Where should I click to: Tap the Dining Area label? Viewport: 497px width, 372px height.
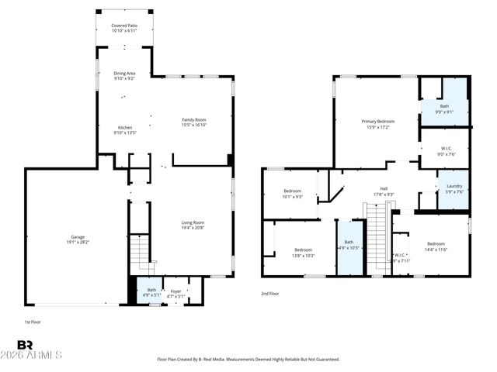(x=124, y=76)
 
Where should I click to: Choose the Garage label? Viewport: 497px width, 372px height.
(x=78, y=239)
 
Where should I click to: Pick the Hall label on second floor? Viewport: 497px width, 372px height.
(x=384, y=191)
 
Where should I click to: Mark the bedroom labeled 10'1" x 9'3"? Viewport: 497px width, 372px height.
(x=292, y=193)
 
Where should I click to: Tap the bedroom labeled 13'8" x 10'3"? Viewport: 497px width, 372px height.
(x=303, y=253)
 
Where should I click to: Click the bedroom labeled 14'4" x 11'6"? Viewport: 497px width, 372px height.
(x=436, y=246)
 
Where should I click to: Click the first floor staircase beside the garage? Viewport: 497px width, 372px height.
(x=139, y=250)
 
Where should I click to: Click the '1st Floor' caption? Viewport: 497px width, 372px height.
(x=33, y=321)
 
